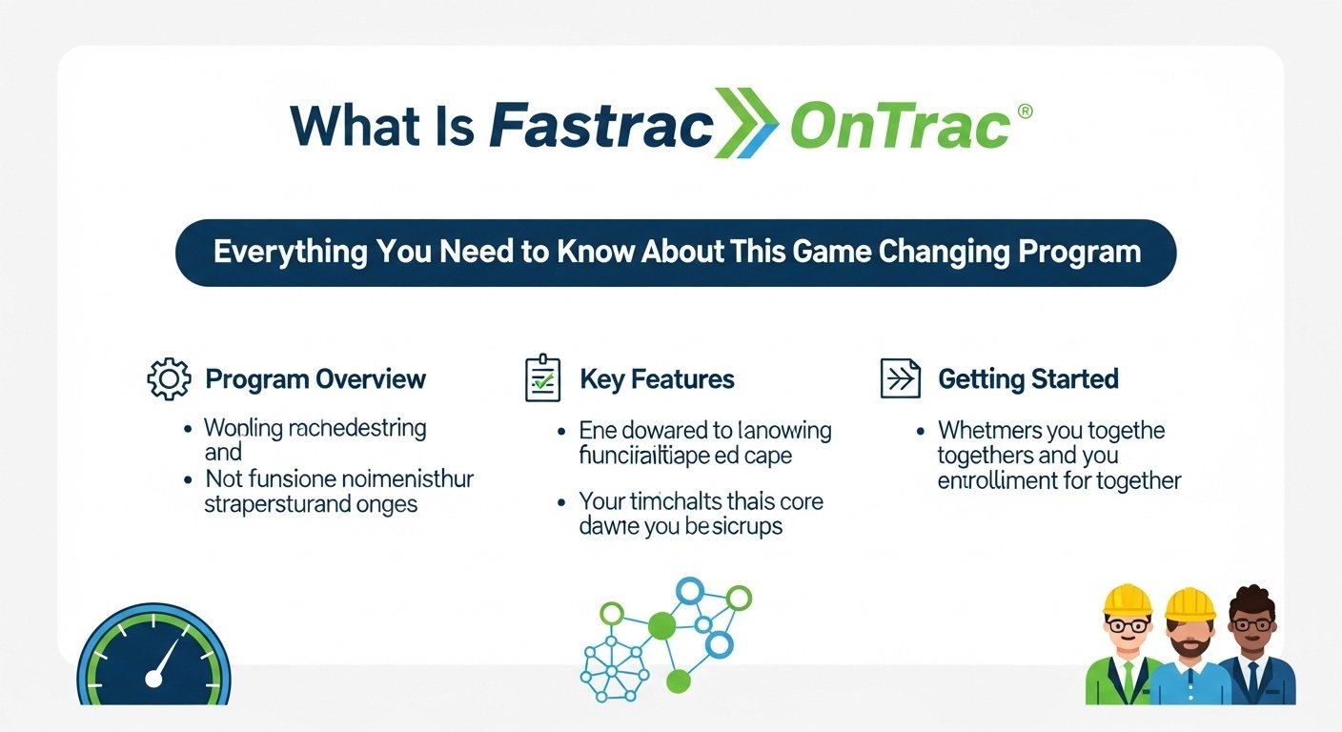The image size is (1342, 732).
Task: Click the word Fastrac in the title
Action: click(x=600, y=126)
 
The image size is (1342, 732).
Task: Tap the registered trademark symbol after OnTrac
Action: click(x=1025, y=112)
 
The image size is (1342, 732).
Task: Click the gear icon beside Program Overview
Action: click(x=169, y=378)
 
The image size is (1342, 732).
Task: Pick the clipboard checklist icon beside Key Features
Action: click(x=543, y=378)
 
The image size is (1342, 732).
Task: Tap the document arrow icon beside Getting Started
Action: click(x=900, y=378)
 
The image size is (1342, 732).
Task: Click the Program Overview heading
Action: click(x=315, y=378)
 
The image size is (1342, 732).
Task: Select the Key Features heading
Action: click(x=657, y=378)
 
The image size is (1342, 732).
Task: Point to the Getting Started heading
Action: click(x=1027, y=378)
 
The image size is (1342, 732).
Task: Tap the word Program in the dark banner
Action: click(x=1079, y=252)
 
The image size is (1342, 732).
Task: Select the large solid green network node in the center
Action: click(x=661, y=626)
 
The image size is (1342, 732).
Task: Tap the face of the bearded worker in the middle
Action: click(x=1189, y=635)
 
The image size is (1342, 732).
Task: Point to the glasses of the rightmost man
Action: click(x=1250, y=625)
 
